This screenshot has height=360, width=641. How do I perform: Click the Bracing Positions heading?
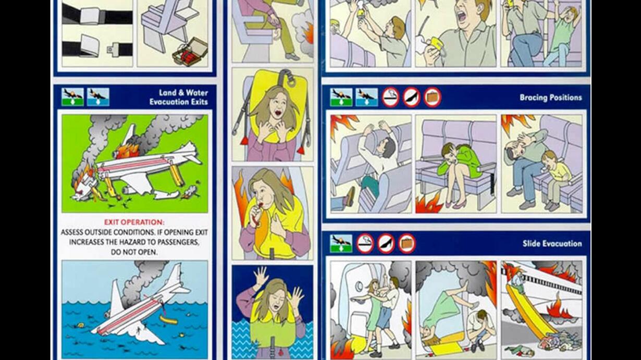pos(551,97)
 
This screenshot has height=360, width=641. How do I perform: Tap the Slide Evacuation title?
pos(552,243)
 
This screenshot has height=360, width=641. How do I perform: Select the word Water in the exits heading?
pos(196,93)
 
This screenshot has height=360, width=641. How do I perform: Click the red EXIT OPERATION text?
pos(134,222)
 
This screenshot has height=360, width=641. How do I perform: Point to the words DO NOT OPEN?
pos(134,252)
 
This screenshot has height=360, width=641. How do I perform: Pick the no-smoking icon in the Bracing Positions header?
pos(391,97)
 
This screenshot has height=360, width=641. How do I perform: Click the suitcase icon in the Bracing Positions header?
pos(432,97)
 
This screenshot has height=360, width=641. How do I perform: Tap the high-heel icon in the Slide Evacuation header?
pos(386,243)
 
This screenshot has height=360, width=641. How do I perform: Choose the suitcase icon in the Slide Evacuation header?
pos(406,243)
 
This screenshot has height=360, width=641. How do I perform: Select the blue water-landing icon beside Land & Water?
pos(98,97)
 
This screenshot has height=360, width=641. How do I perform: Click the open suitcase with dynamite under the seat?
pos(190,52)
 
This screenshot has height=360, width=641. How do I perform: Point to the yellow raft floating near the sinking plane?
pos(168,320)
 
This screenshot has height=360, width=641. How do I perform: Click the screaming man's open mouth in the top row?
pos(461,18)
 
